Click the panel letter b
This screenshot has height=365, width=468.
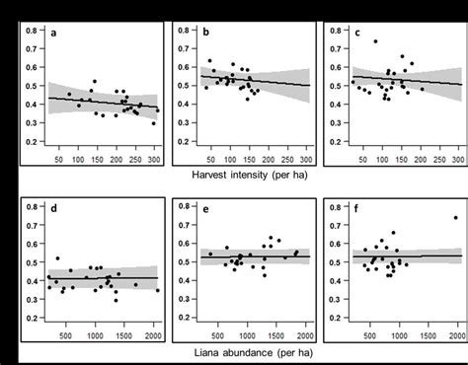click(x=206, y=35)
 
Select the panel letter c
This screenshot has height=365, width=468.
click(x=357, y=35)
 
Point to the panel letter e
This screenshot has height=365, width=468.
click(x=206, y=210)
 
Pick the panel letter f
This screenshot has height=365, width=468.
click(x=357, y=210)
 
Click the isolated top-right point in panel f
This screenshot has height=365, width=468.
click(x=455, y=218)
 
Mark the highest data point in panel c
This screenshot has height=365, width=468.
click(x=375, y=41)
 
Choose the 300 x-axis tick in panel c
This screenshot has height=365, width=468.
click(x=456, y=160)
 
